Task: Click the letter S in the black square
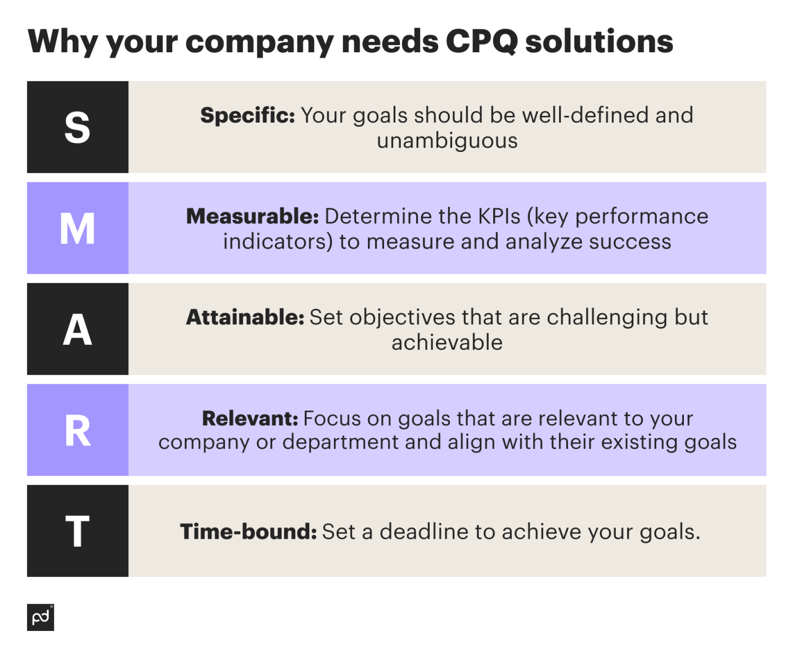coord(78,127)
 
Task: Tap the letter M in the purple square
coord(78,228)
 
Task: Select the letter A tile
coord(78,330)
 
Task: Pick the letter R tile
coord(78,431)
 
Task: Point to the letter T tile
coord(78,531)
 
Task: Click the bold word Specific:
coord(247,115)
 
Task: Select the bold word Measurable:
coord(253,217)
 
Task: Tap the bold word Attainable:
coord(245,318)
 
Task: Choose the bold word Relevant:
coord(250,418)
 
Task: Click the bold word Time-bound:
coord(249,531)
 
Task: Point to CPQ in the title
coord(481,42)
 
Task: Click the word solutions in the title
coord(599,42)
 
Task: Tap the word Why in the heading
coord(63,42)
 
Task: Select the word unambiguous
coord(447,141)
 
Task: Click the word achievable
coord(447,342)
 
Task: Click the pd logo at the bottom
coord(40,618)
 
